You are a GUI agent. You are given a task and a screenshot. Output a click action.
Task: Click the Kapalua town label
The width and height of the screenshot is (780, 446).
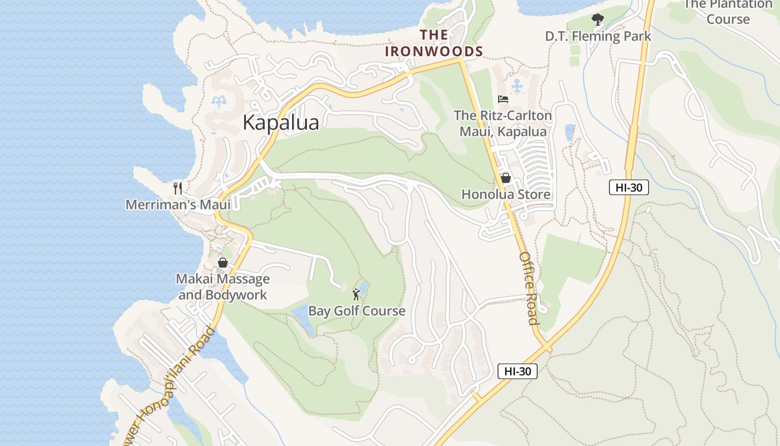click(281, 123)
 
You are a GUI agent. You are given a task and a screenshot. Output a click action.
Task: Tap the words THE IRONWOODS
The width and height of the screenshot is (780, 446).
click(434, 43)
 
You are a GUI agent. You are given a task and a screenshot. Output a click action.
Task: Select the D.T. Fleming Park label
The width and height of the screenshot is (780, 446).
click(598, 36)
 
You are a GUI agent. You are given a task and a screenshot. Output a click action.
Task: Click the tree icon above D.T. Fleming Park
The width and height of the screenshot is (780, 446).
click(598, 20)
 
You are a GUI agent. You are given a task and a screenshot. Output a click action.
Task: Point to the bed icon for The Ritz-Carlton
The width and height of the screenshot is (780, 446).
click(503, 99)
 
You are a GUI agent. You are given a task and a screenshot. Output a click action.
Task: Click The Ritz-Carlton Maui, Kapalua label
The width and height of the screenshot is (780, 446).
click(503, 124)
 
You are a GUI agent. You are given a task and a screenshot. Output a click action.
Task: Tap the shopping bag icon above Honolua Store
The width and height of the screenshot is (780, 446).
click(506, 178)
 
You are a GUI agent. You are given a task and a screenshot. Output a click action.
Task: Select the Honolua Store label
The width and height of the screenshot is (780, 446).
click(506, 195)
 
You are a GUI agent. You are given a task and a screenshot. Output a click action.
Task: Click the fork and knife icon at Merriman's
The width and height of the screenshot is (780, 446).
click(178, 188)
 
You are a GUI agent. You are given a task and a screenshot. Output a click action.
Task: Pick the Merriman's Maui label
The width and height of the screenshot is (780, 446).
click(178, 205)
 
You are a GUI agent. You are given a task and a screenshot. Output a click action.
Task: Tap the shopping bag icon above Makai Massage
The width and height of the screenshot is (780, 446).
click(223, 262)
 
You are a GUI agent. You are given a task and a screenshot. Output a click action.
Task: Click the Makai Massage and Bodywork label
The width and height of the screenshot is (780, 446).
click(223, 287)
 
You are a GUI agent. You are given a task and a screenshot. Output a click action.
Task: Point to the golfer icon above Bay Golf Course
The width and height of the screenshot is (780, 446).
click(357, 294)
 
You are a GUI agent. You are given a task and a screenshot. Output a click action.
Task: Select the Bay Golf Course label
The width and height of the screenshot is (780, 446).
click(357, 311)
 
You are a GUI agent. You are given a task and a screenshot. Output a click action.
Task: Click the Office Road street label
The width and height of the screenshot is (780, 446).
click(529, 288)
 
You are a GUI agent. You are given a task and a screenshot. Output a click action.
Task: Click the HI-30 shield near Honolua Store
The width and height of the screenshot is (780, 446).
click(628, 187)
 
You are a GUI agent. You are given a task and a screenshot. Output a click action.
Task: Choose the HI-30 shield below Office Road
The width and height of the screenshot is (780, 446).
click(517, 371)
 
